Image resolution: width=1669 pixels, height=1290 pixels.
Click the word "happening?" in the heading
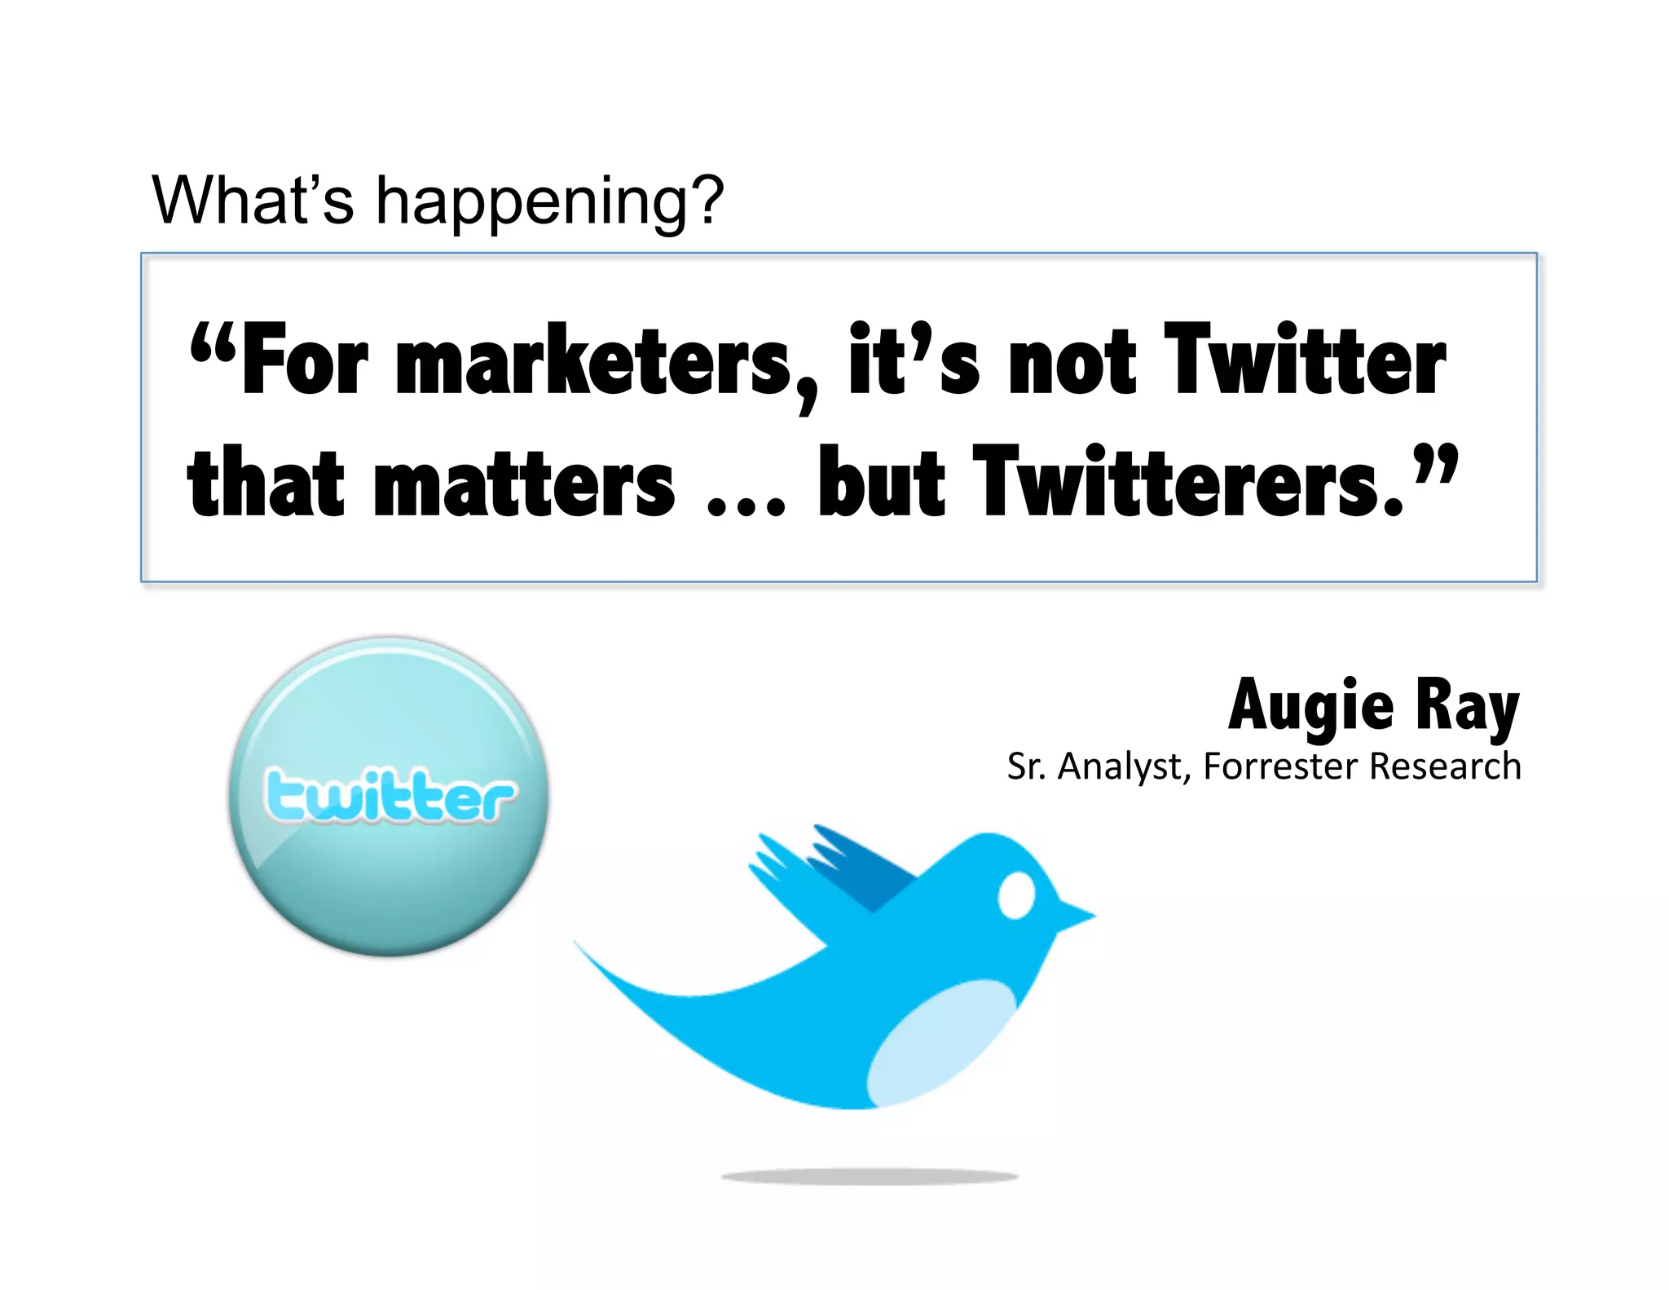[548, 201]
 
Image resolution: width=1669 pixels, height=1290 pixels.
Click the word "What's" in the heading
[253, 200]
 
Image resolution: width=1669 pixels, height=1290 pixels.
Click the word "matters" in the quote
[524, 484]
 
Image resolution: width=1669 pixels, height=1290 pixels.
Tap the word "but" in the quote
[881, 483]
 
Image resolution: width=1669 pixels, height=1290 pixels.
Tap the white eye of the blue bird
[1016, 895]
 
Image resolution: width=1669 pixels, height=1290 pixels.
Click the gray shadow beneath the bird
[870, 1176]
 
